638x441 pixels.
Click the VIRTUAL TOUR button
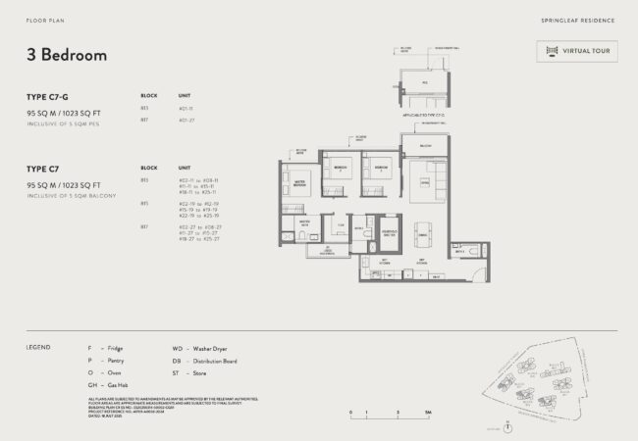(x=576, y=51)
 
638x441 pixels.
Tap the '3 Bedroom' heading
(x=67, y=55)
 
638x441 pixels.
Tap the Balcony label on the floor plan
(x=426, y=145)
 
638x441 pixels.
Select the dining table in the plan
(x=420, y=234)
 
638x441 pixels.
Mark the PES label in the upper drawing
(x=425, y=82)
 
